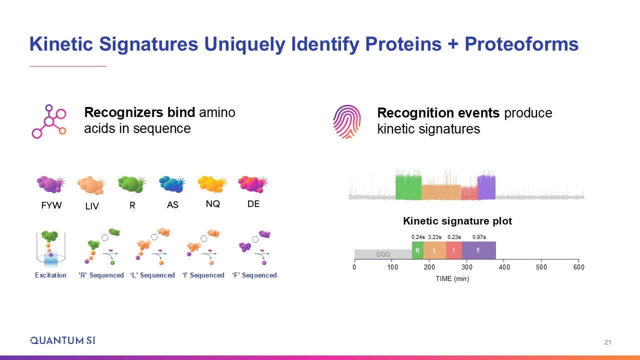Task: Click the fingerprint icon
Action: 347,122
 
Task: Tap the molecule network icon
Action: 49,121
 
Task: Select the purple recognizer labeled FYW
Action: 51,184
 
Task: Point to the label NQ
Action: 213,204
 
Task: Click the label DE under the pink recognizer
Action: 253,204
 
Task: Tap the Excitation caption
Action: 50,275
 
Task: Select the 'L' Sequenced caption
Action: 152,275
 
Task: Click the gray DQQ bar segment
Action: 383,254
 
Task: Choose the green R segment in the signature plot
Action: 417,250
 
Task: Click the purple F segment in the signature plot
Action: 479,250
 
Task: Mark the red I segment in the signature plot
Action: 454,250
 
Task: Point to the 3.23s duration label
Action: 434,237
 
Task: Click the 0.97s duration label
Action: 479,237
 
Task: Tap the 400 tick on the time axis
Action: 504,267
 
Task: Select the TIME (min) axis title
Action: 452,278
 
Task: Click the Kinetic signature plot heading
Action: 457,221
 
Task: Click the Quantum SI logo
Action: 63,340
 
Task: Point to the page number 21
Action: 607,342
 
